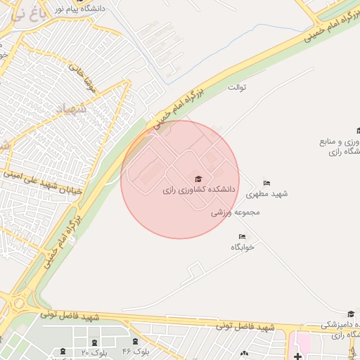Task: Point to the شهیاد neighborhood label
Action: click(73, 109)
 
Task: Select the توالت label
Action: click(238, 87)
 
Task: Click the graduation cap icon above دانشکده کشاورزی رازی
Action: click(198, 179)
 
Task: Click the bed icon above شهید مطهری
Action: click(266, 183)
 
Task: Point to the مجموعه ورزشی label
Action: click(236, 212)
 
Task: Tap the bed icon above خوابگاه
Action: click(243, 236)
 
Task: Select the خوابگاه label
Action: click(242, 247)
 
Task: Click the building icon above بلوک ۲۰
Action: click(95, 342)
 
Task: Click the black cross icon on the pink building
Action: click(298, 356)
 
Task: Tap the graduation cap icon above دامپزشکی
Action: click(351, 314)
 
